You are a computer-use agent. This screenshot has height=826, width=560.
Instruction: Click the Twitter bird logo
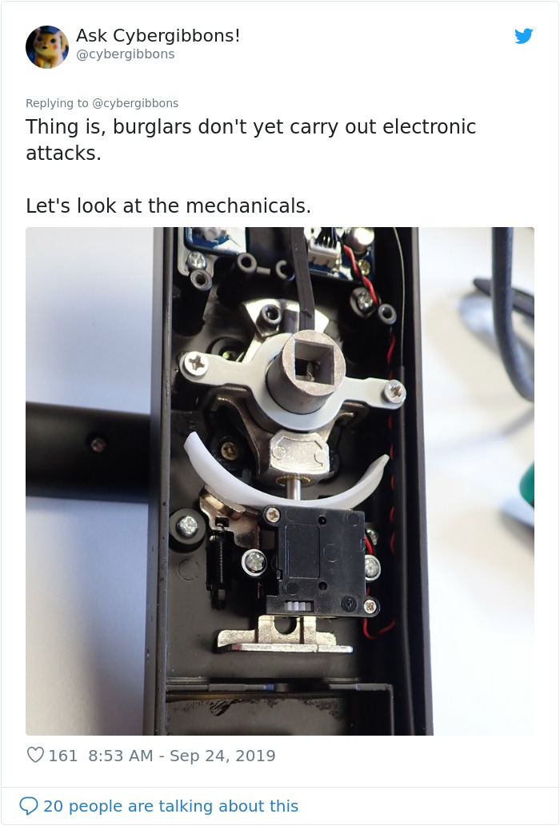coord(523,36)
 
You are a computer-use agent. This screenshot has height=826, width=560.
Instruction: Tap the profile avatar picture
coord(47,46)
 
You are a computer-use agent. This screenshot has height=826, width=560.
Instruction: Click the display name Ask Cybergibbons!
coord(158,36)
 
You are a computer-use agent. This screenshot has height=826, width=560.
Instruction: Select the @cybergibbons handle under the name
coord(125,54)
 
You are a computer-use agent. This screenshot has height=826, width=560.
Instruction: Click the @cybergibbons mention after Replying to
coord(135,103)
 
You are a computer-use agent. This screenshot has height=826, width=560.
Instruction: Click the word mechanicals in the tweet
coord(248,206)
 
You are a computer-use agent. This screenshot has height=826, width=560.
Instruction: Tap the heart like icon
coord(35,755)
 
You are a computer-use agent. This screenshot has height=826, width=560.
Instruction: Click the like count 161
coord(63,756)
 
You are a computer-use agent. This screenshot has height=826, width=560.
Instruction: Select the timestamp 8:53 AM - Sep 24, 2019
coord(182,756)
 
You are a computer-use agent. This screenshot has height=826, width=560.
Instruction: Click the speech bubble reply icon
coord(29,805)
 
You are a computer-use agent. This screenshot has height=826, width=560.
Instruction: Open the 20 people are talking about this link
coord(170,806)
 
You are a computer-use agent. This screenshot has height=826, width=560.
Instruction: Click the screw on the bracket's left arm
coord(196,364)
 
